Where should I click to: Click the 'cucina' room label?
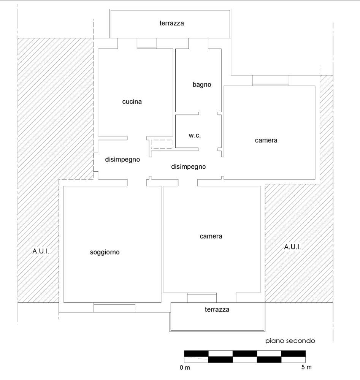click(132, 101)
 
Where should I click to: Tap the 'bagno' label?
click(202, 85)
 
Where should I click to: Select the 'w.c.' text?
click(195, 136)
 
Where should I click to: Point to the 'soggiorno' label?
click(105, 252)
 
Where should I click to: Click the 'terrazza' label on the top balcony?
click(171, 23)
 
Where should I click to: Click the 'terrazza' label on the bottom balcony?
click(217, 309)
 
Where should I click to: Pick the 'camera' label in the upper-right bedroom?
click(266, 140)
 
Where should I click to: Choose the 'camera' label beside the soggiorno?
click(211, 236)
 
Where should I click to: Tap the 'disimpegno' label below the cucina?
click(122, 160)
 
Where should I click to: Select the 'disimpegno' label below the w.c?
click(189, 167)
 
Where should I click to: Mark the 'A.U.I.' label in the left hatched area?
click(41, 251)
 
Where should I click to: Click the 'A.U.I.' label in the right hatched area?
click(292, 247)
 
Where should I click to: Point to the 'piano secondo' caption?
click(290, 341)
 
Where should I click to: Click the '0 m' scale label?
click(185, 367)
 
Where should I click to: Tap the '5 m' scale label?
click(306, 367)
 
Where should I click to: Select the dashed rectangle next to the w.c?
click(162, 144)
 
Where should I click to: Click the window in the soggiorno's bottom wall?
click(114, 307)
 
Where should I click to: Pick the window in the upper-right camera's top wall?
click(271, 80)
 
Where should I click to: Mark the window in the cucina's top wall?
click(147, 43)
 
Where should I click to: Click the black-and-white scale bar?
click(245, 356)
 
